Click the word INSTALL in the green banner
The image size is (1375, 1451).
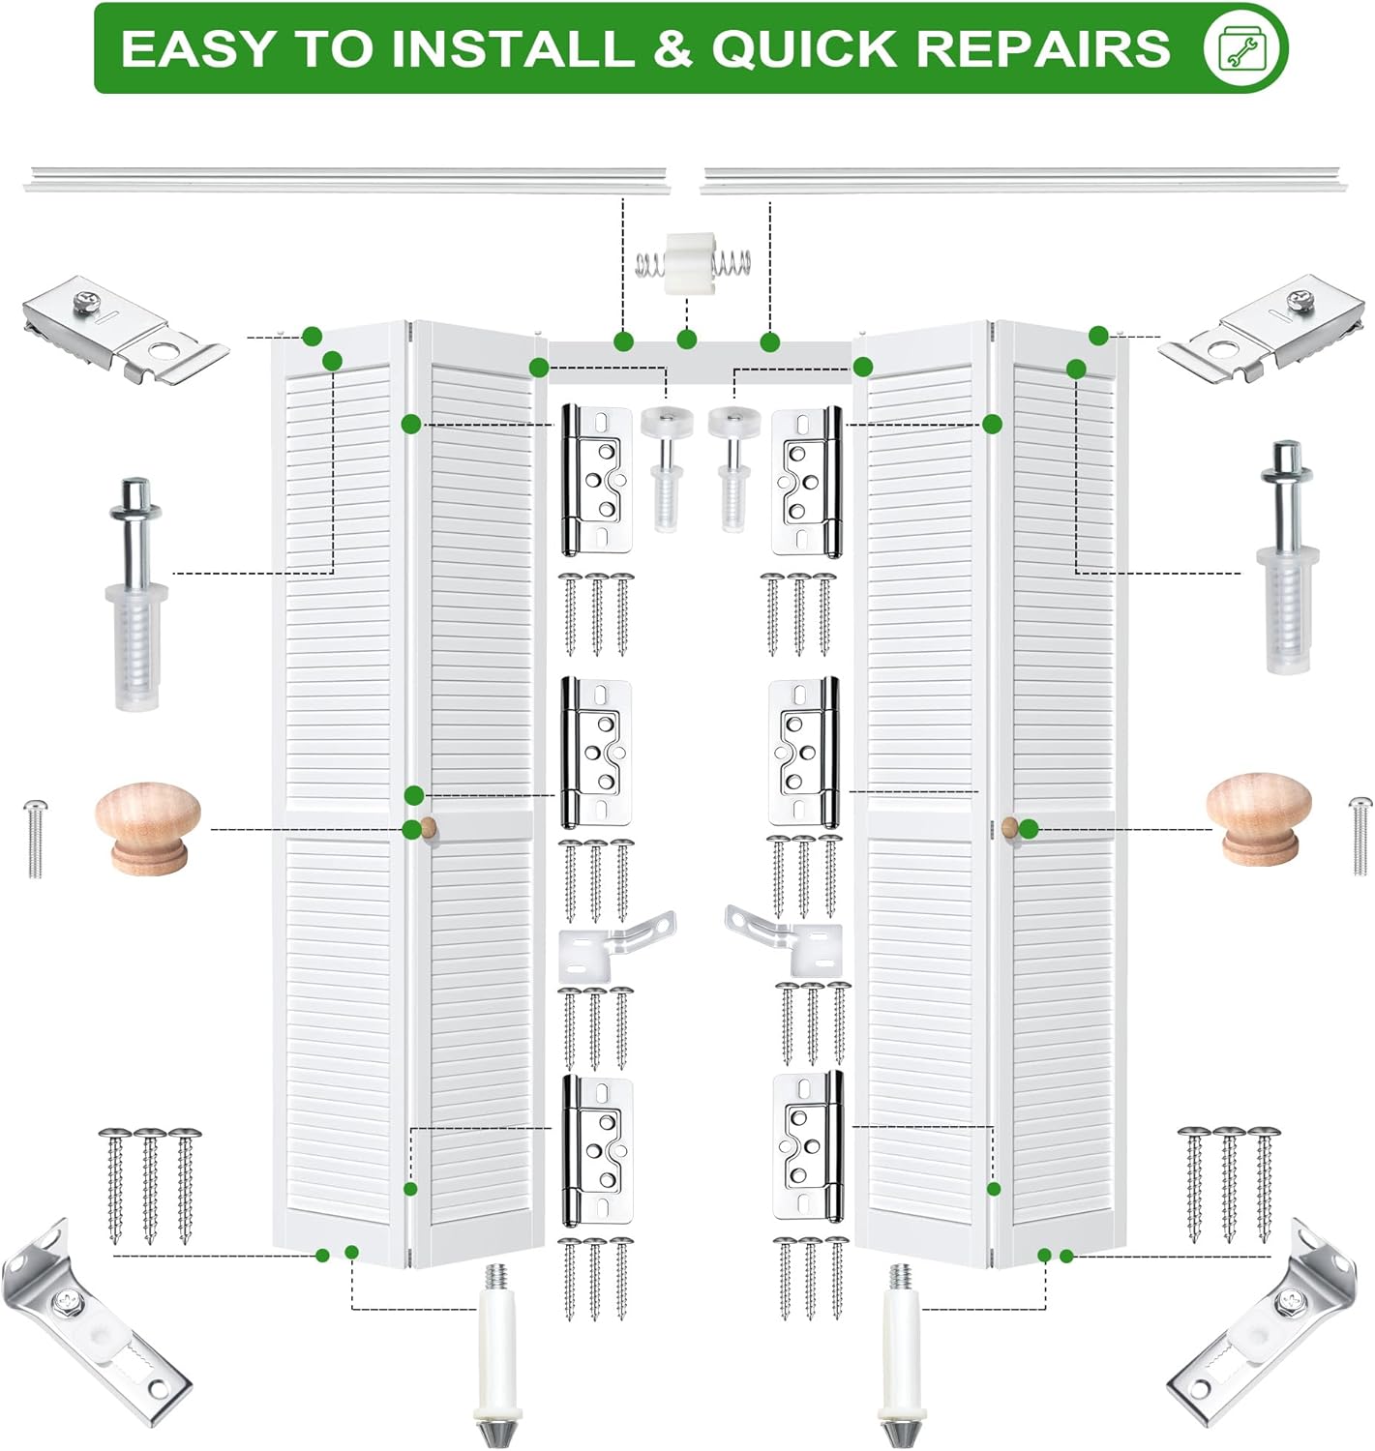point(513,48)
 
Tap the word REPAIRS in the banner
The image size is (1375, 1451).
point(1046,48)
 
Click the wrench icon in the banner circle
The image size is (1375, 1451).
point(1245,48)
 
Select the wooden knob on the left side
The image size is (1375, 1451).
point(148,828)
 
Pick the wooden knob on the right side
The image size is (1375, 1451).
point(1259,818)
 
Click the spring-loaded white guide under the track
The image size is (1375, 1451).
point(693,263)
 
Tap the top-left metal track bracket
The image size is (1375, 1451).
point(125,330)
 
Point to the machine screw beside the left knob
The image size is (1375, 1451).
point(34,839)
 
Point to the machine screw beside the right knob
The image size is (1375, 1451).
point(1360,836)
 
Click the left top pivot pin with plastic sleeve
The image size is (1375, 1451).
point(137,594)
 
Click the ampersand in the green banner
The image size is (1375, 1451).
point(673,48)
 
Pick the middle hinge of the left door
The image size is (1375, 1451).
point(597,752)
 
